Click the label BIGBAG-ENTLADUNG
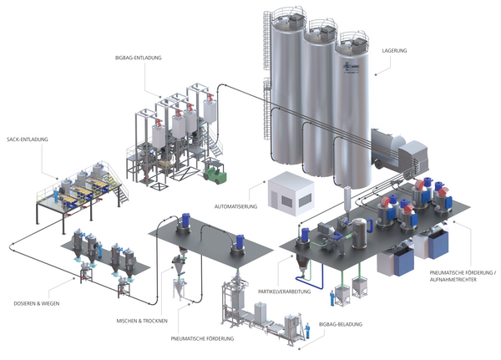(139, 58)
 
